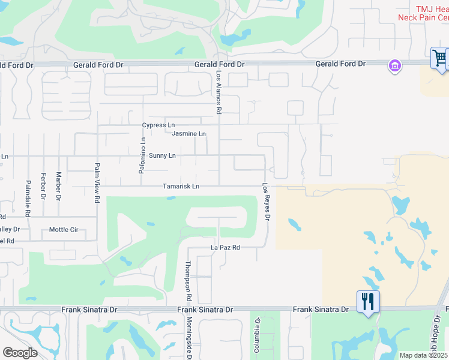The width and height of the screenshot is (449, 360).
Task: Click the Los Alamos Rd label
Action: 218,92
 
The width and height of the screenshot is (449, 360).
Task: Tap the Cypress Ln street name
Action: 158,125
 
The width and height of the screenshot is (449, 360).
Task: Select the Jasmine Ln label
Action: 188,134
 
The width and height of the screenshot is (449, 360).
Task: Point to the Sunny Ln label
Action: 162,156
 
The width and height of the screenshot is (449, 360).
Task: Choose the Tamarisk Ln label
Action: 181,187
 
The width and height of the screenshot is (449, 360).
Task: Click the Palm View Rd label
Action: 96,182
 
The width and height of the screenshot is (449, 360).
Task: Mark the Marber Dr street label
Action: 59,185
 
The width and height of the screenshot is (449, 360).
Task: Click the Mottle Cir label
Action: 64,229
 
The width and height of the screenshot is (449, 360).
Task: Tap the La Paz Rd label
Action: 225,247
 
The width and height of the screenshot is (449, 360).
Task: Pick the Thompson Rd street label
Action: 188,281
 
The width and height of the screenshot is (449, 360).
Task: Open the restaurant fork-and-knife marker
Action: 367,301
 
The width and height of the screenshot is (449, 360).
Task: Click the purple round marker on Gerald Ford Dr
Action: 395,65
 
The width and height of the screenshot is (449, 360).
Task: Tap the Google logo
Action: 20,353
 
